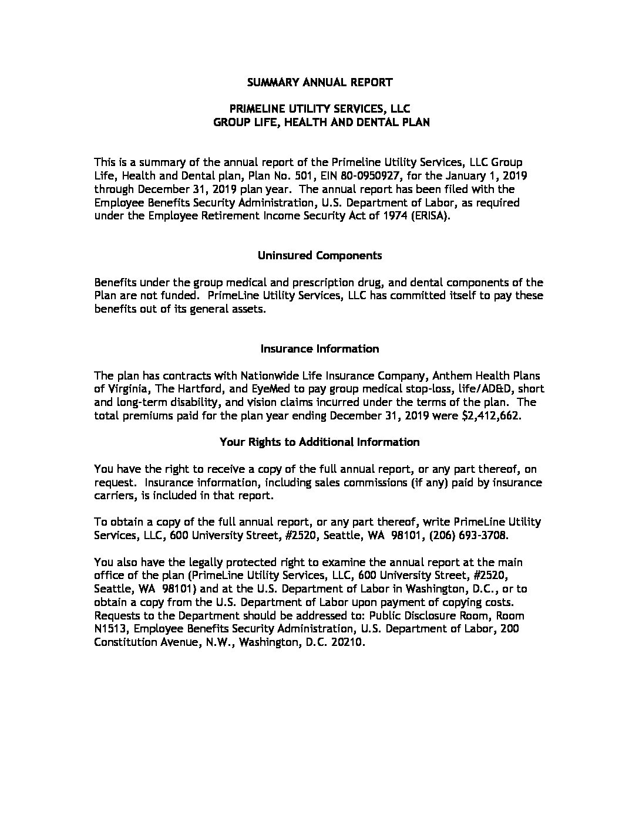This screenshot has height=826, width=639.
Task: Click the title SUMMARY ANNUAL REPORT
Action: pyautogui.click(x=319, y=82)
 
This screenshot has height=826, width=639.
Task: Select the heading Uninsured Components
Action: pyautogui.click(x=319, y=255)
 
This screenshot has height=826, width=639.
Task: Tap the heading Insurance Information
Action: pyautogui.click(x=319, y=348)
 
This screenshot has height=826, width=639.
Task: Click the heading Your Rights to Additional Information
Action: pyautogui.click(x=319, y=442)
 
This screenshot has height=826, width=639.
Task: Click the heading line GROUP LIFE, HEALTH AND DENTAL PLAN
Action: pyautogui.click(x=321, y=123)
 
